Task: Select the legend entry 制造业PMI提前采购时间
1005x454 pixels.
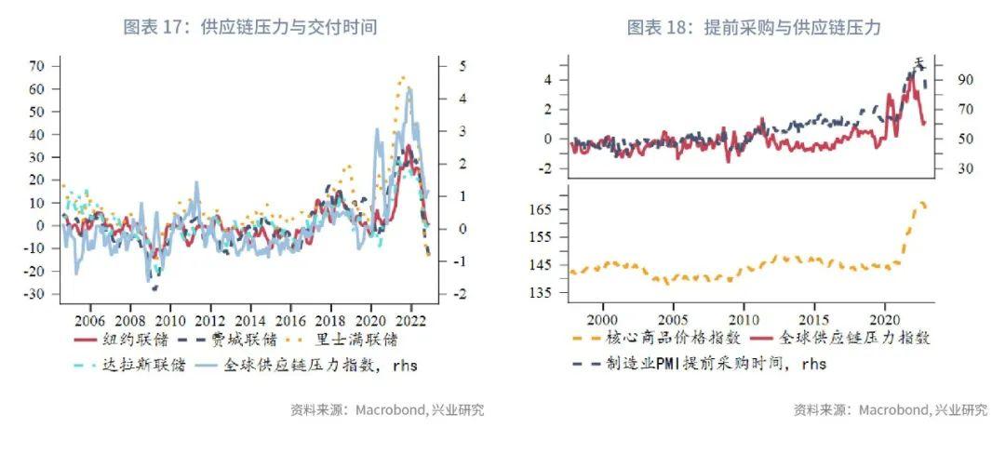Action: coord(703,364)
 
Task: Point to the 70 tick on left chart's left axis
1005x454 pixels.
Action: coord(37,66)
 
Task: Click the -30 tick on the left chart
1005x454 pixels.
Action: coord(35,294)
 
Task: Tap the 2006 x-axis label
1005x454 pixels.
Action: coord(90,315)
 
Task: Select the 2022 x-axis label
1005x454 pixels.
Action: coord(411,315)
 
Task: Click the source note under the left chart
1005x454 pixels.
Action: coord(387,410)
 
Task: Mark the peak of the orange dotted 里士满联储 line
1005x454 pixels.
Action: coord(403,77)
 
